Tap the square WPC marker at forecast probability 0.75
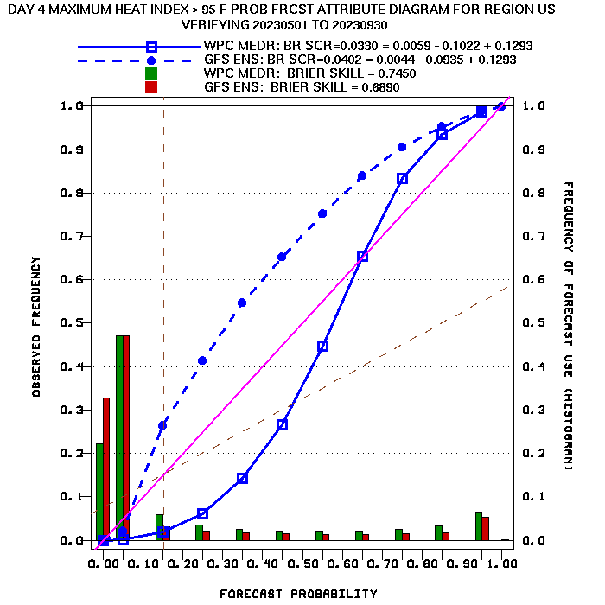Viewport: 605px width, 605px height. tap(402, 179)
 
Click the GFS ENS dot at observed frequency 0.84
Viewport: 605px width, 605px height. tap(362, 175)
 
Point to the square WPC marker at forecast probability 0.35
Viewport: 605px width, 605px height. tap(242, 478)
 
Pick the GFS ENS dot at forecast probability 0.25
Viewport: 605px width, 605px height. tap(202, 360)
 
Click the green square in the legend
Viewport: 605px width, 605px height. tap(151, 73)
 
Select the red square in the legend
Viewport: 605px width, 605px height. tap(151, 87)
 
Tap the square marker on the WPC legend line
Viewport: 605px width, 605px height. tap(151, 47)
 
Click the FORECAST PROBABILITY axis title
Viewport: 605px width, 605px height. tap(298, 594)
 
